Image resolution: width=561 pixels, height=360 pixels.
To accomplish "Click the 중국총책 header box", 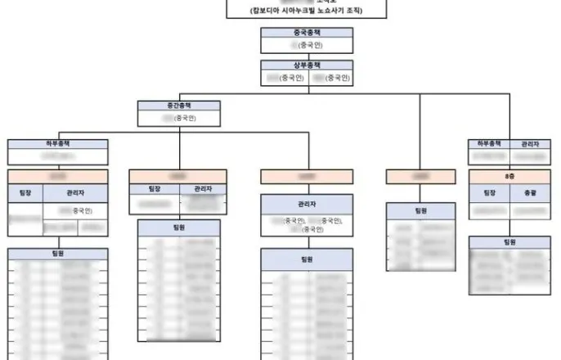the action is (307, 33).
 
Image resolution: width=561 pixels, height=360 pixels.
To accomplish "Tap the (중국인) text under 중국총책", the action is (307, 46).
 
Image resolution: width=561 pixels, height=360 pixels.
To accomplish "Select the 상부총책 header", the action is (307, 65).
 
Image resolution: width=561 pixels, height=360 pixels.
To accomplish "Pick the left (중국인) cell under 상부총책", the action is (285, 78).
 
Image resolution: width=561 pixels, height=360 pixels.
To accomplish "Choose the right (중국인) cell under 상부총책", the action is (330, 78).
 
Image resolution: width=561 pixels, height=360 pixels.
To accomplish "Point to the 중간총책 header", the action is (179, 106).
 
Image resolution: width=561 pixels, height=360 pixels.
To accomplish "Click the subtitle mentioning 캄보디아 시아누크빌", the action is (307, 11).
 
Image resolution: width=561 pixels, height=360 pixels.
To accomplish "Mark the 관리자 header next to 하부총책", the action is (529, 144).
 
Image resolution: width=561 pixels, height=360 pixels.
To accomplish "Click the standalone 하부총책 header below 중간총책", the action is (57, 144).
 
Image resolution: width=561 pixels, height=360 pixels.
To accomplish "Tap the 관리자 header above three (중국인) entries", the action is (307, 203).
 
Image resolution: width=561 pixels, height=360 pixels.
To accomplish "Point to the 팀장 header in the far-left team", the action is (25, 193).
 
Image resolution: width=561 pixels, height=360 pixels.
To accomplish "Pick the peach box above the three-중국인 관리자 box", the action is (307, 176).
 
